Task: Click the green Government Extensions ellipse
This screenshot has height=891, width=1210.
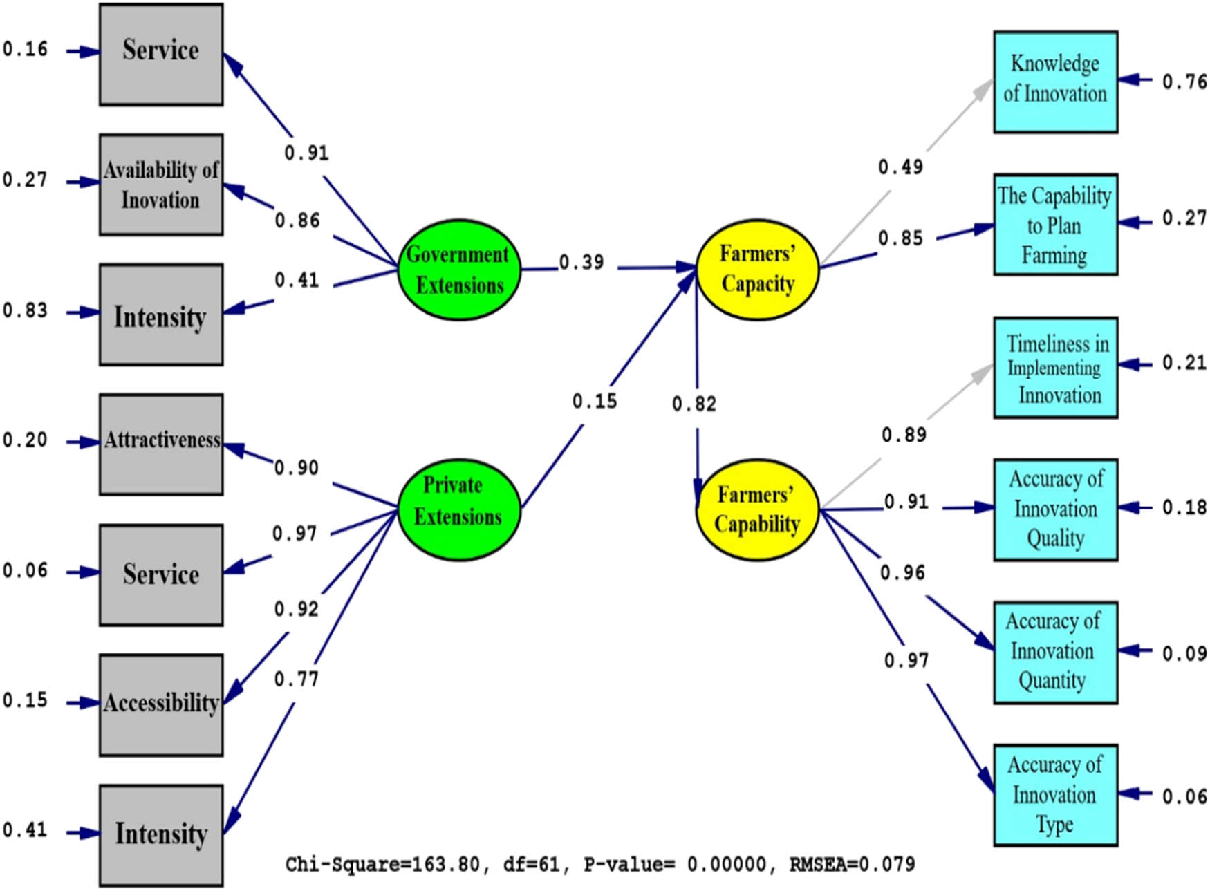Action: tap(459, 270)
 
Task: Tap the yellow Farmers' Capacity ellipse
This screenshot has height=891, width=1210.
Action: tap(757, 270)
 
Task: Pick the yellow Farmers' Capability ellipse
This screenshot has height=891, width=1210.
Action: tap(757, 509)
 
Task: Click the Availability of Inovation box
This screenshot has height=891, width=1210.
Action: tap(161, 185)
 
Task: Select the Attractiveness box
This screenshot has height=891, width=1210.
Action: tap(161, 444)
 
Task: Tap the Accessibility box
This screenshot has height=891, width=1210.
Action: tap(161, 704)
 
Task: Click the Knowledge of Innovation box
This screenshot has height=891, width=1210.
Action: tap(1055, 82)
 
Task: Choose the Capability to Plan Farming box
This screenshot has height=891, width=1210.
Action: tap(1055, 225)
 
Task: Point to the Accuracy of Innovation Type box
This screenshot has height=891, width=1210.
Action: tap(1055, 795)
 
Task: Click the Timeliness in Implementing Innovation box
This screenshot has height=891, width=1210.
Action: tap(1055, 368)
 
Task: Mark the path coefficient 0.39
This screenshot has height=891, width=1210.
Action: tap(581, 263)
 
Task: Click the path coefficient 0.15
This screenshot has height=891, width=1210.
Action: tap(594, 401)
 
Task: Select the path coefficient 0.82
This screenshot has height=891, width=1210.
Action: tap(694, 404)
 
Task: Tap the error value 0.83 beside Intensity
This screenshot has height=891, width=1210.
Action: tap(25, 310)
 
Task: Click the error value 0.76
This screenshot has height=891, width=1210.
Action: tap(1184, 82)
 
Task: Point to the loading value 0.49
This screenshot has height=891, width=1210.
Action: tap(900, 167)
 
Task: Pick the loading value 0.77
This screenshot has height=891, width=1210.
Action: tap(296, 679)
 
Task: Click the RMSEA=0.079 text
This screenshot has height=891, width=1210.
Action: tap(852, 864)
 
